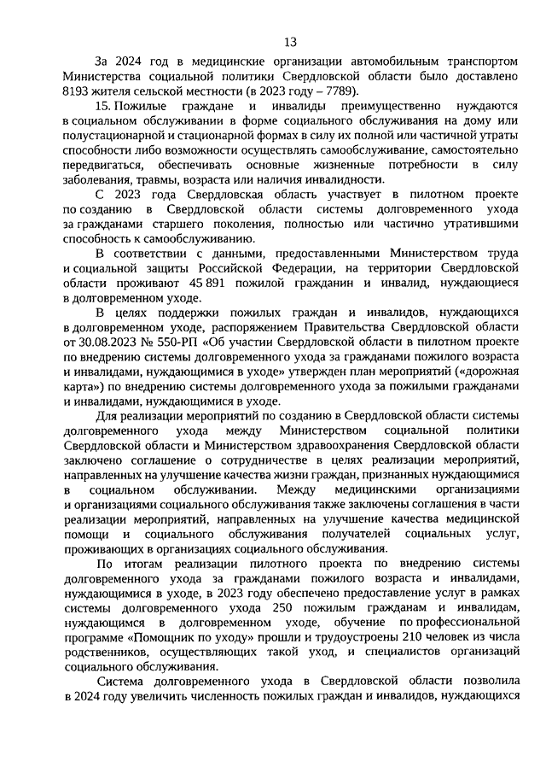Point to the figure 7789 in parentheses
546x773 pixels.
[x=337, y=91]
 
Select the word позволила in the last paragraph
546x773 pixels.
[x=452, y=682]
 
